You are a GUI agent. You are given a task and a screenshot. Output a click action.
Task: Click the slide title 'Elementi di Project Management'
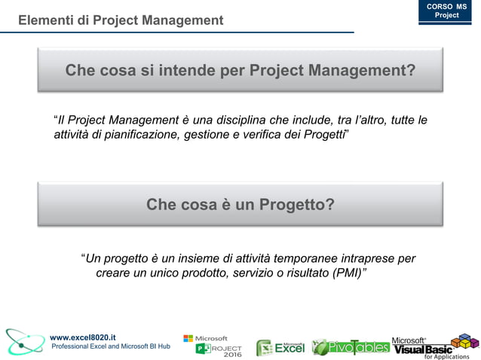coord(121,20)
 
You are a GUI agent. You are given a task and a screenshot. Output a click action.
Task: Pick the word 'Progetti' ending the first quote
coord(323,134)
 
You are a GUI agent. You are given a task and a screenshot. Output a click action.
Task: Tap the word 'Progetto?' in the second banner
coord(297,204)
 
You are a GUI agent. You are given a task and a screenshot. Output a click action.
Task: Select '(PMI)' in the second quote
coord(345,273)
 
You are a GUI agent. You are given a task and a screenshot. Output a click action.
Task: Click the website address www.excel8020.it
coord(83,337)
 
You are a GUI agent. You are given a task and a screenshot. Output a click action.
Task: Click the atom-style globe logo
coord(23,341)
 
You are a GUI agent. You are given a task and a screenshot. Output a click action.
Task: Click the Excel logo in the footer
coord(280,347)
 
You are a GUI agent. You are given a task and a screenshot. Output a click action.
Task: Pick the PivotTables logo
coord(351,347)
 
